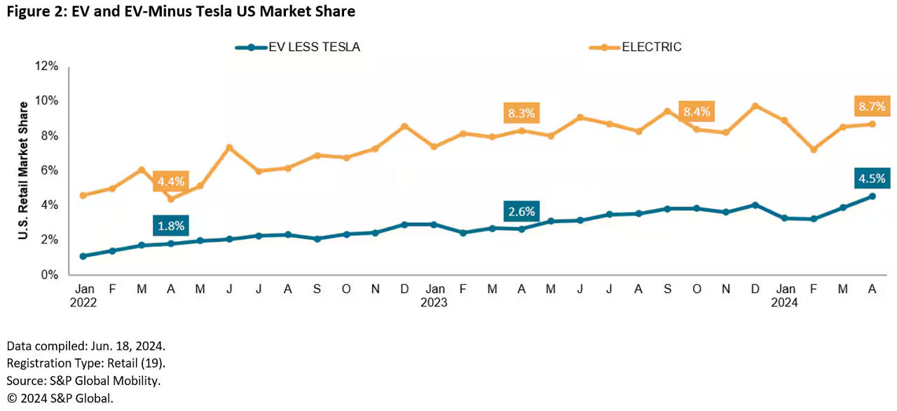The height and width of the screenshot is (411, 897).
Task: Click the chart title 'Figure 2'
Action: tap(180, 12)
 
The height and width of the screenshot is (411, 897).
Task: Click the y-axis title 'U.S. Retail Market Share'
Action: tap(23, 170)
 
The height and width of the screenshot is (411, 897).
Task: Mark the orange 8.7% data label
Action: tap(871, 107)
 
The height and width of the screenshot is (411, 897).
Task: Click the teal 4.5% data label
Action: tap(871, 178)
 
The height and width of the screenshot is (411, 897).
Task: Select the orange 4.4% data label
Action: tap(170, 182)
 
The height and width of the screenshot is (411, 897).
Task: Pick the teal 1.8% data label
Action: tap(170, 225)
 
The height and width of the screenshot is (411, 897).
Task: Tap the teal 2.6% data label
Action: tap(521, 210)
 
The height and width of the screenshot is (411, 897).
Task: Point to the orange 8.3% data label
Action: tap(521, 112)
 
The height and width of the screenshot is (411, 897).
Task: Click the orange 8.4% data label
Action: tap(697, 111)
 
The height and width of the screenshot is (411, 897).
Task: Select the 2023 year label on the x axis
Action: tap(434, 303)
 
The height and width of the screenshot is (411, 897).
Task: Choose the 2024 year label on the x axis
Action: tap(784, 303)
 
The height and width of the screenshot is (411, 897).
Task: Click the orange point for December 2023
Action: tap(755, 106)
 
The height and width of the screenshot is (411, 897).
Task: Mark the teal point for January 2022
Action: tap(83, 256)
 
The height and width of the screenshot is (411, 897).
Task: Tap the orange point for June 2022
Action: tap(229, 147)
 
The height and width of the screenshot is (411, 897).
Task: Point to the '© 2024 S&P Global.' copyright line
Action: tap(60, 398)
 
